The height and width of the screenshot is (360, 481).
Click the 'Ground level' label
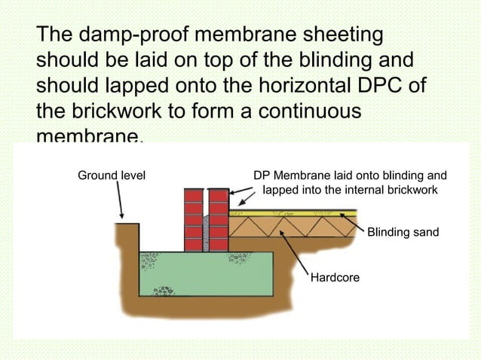click(x=112, y=175)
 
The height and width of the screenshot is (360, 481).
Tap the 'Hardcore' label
click(x=335, y=279)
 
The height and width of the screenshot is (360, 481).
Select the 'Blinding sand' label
click(x=403, y=233)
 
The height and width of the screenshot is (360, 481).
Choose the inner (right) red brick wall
click(x=219, y=218)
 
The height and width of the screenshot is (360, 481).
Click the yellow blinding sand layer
click(x=302, y=214)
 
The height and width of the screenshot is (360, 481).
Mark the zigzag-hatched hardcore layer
click(x=302, y=227)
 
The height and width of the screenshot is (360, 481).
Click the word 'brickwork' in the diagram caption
click(x=411, y=190)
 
